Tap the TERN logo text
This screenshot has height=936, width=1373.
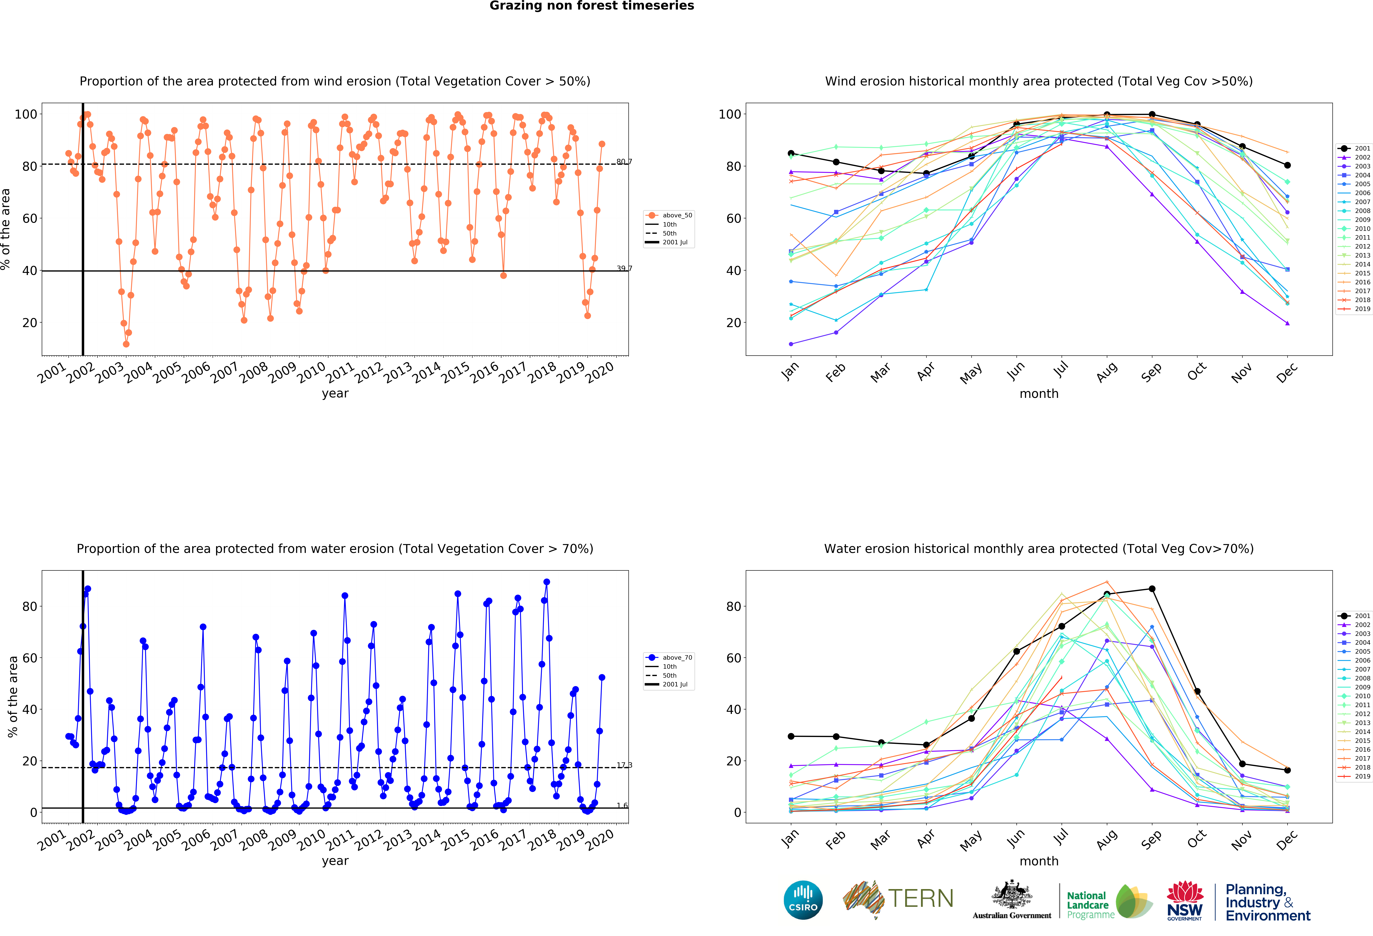coord(921,899)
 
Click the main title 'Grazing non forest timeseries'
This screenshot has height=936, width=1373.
coord(591,6)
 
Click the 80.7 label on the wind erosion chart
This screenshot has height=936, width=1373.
coord(624,161)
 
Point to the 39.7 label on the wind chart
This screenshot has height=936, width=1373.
coord(624,268)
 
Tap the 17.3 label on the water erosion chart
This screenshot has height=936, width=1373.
coord(624,765)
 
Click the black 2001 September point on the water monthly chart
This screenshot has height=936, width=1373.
coord(1152,589)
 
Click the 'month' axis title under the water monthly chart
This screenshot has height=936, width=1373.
coord(1039,861)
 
